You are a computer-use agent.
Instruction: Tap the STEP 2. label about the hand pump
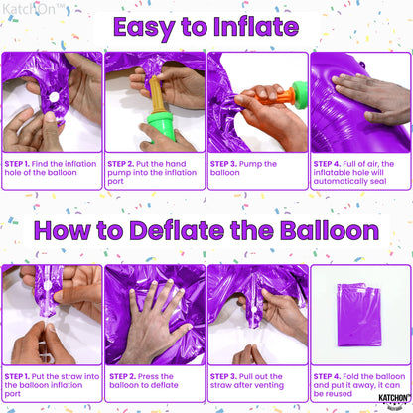[x=125, y=160]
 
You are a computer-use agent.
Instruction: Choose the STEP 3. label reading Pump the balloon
[x=227, y=160]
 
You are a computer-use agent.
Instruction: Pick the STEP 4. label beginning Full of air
[x=330, y=160]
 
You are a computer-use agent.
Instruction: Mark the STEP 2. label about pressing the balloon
[x=125, y=376]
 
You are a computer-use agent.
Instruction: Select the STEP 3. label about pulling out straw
[x=227, y=376]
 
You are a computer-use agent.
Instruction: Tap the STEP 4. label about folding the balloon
[x=330, y=376]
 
